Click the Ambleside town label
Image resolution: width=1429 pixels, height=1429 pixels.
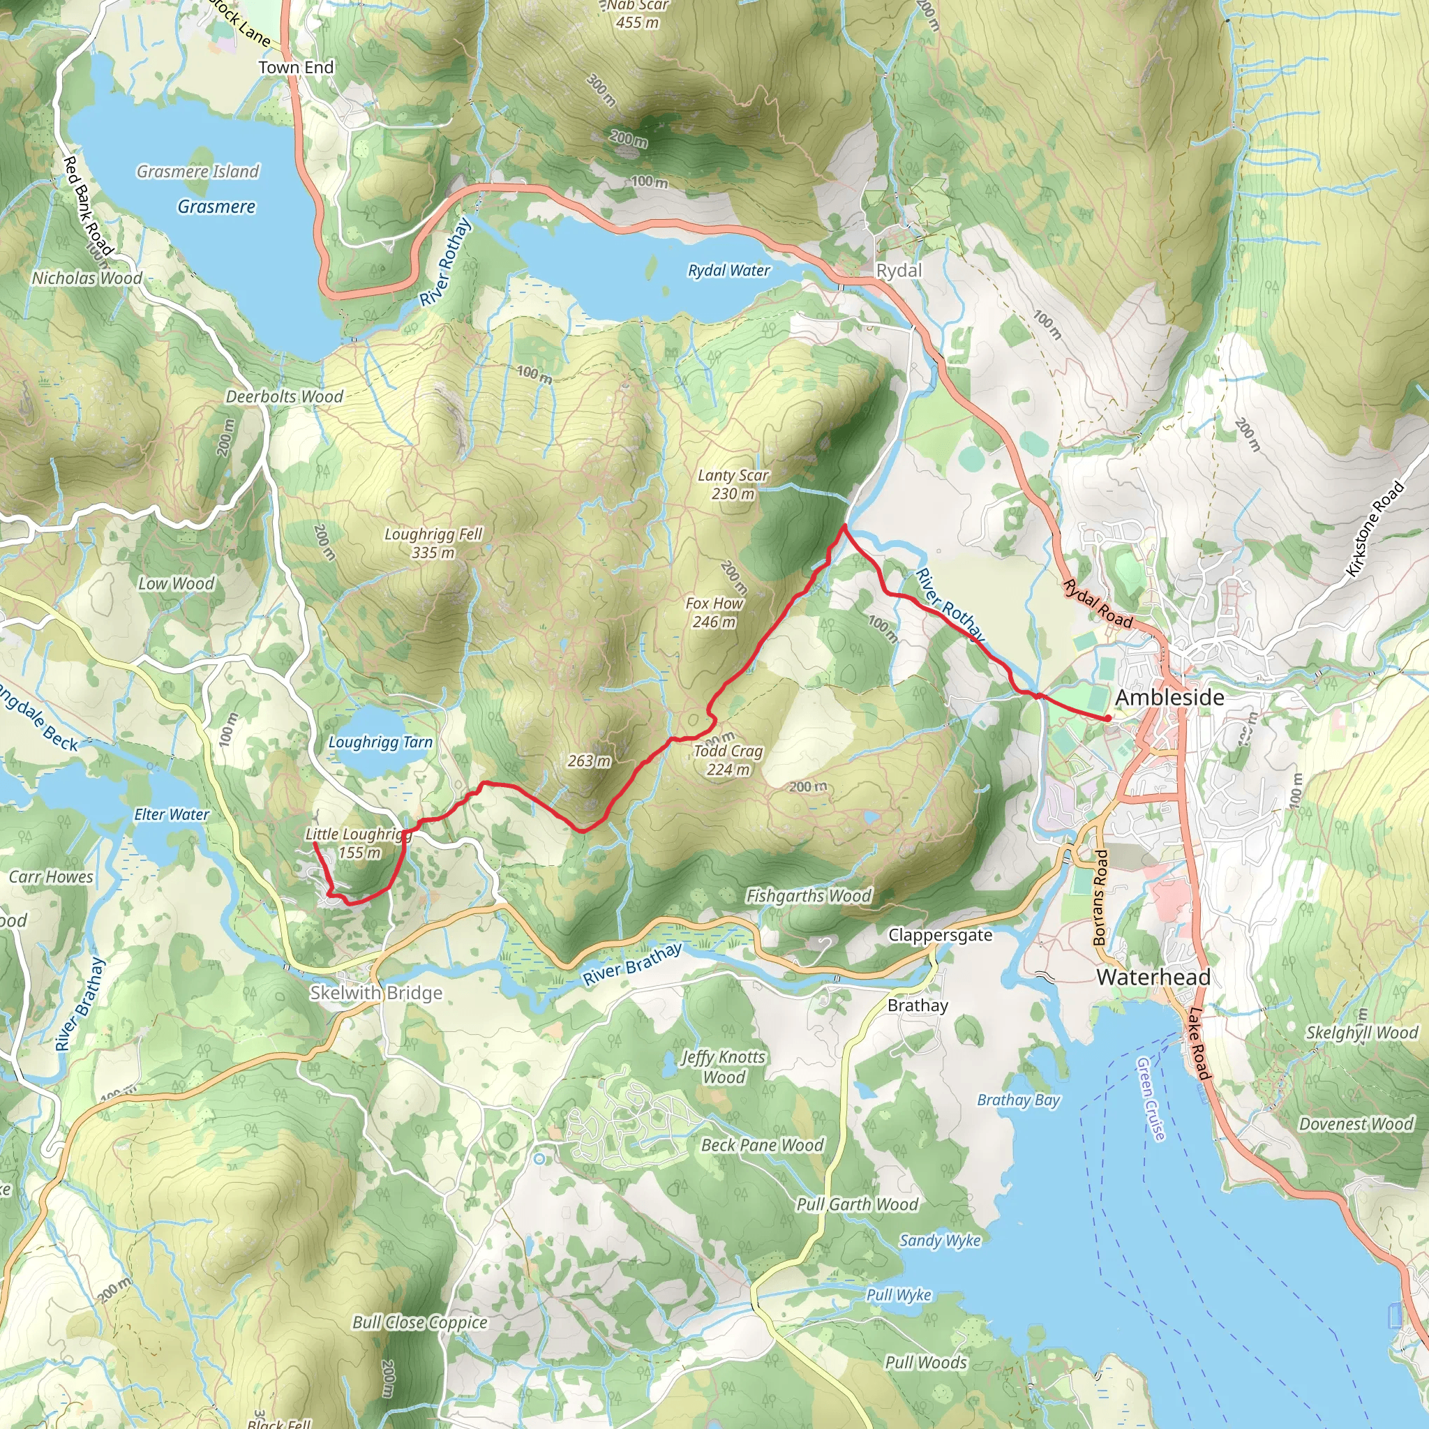[x=1169, y=698]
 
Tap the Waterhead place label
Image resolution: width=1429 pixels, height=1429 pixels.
[x=1153, y=977]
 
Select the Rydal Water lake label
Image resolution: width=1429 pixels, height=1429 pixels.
[x=728, y=271]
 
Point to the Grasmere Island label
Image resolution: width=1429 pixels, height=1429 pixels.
[x=198, y=172]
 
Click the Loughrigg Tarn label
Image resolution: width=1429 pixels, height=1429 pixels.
[x=380, y=742]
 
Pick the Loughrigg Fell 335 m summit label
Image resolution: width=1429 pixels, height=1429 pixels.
[x=433, y=543]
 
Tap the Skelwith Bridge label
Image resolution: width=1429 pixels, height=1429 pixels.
[x=376, y=993]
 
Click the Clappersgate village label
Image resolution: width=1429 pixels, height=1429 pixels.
[x=940, y=935]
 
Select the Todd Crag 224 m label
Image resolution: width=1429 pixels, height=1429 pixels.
[x=728, y=760]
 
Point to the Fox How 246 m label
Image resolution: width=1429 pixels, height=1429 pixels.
[x=714, y=613]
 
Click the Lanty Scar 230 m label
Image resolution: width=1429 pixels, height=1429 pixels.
[x=733, y=484]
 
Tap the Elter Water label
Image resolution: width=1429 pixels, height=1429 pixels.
[x=172, y=814]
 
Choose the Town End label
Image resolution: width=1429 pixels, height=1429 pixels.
[x=296, y=67]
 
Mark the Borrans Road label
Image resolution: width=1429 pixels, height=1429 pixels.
[x=1100, y=898]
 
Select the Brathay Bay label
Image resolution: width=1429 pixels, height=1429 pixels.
[x=1019, y=1100]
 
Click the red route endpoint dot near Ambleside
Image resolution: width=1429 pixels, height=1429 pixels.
[x=1108, y=718]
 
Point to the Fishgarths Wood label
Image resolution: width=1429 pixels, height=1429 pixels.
[x=809, y=896]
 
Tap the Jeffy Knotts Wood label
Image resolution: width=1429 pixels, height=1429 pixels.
[x=724, y=1067]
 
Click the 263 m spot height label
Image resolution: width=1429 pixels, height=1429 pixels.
[x=590, y=761]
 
